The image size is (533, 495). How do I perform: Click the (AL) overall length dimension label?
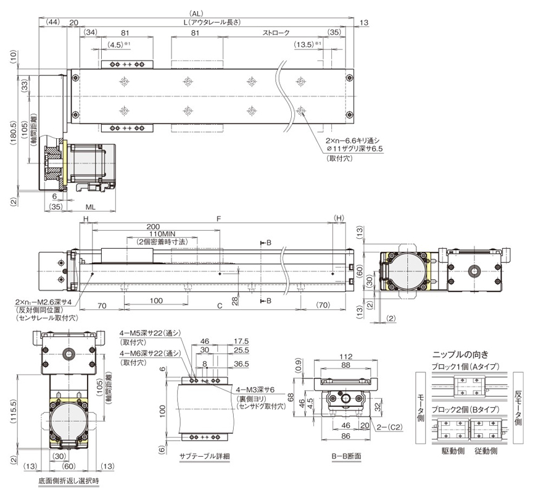pos(196,13)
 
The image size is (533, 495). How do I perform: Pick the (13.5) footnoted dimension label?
pos(307,45)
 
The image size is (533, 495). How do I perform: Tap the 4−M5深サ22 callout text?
pos(150,333)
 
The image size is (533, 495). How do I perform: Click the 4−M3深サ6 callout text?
pos(257,391)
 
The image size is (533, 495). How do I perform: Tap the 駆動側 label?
pos(452,451)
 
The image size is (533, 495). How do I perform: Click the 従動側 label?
pos(486,451)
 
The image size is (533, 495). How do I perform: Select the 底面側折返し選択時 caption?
pos(68,480)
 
